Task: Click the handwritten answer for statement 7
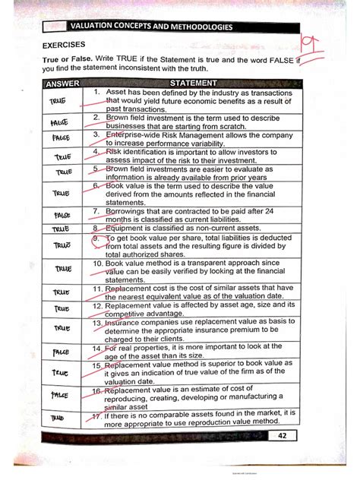[62, 216]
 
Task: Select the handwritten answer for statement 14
[61, 352]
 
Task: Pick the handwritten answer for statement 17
[58, 418]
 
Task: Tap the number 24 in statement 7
[276, 210]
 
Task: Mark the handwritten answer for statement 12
[61, 310]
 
